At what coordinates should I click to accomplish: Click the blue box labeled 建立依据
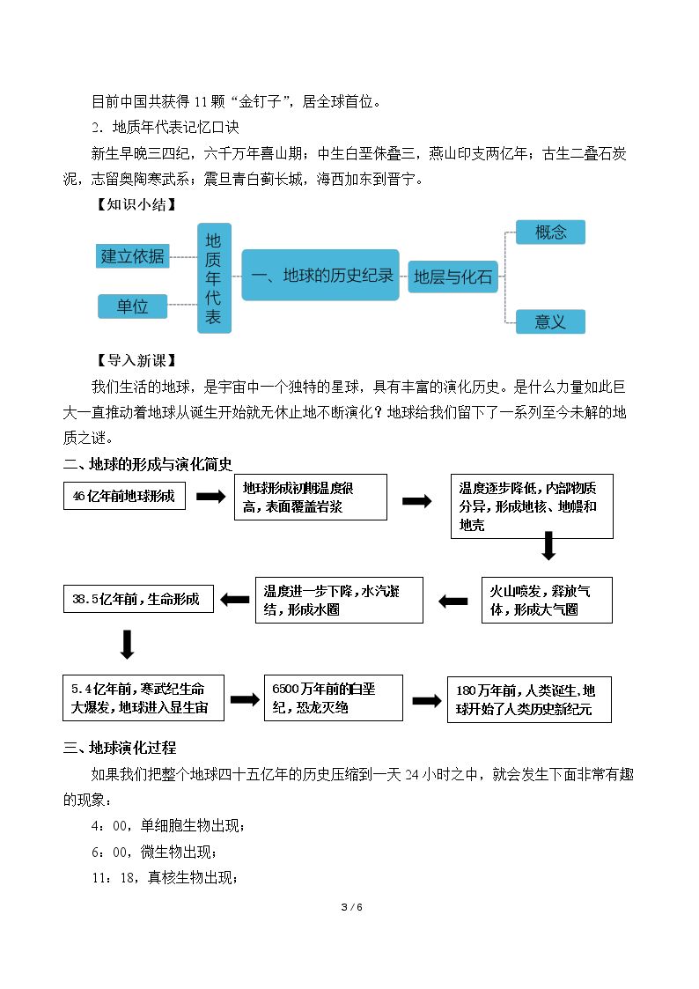tap(132, 256)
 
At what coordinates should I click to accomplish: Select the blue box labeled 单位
tap(132, 306)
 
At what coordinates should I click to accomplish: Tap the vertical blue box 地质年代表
tap(214, 277)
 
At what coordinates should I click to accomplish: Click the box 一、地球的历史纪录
tap(320, 275)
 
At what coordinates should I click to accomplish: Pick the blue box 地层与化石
tap(453, 277)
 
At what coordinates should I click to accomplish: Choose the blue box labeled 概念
tap(550, 232)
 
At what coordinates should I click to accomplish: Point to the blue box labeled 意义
tap(550, 321)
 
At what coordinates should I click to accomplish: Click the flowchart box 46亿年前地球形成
tap(124, 496)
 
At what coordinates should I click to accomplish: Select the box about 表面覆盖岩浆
tap(311, 498)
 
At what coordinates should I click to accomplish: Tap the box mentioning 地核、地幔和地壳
tap(532, 506)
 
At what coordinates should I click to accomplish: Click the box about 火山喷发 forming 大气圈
tap(547, 600)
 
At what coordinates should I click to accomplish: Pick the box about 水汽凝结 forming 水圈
tap(339, 600)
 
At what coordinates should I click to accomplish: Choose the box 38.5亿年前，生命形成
tap(139, 599)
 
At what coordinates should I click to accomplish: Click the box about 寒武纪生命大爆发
tap(143, 697)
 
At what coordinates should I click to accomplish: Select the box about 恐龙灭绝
tap(334, 697)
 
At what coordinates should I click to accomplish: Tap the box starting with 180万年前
tap(529, 699)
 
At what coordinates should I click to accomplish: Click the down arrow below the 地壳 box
tap(549, 546)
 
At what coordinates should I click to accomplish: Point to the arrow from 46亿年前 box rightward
tap(210, 497)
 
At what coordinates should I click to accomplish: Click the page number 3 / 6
tap(352, 907)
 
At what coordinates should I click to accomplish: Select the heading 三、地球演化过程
tap(120, 748)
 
